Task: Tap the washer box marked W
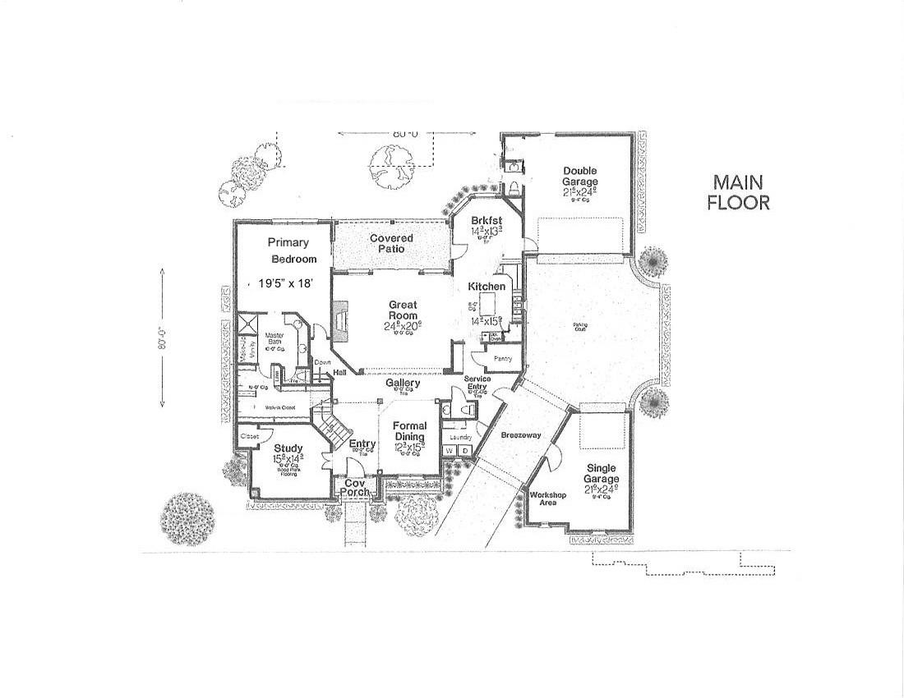click(x=450, y=451)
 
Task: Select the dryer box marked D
click(x=464, y=451)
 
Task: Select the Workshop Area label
click(x=547, y=498)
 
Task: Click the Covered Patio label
click(x=391, y=243)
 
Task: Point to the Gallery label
click(x=403, y=383)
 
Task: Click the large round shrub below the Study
click(x=187, y=519)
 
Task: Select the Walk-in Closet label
click(x=280, y=406)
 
